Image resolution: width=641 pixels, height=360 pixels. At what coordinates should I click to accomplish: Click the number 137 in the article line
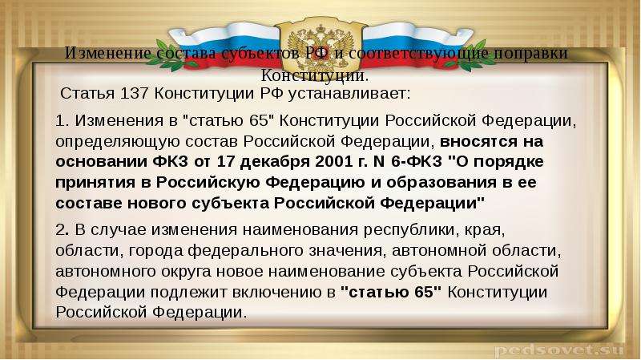click(134, 93)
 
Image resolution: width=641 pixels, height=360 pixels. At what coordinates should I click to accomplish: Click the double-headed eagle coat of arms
click(320, 44)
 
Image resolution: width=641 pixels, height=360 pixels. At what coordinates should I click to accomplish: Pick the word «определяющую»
click(117, 142)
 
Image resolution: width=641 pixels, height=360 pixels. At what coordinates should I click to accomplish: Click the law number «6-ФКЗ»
click(417, 162)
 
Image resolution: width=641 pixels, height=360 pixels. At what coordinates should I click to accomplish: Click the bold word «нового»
click(158, 204)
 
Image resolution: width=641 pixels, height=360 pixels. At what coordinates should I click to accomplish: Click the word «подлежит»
click(189, 293)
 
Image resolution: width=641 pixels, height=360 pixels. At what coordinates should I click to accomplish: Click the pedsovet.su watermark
click(558, 350)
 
